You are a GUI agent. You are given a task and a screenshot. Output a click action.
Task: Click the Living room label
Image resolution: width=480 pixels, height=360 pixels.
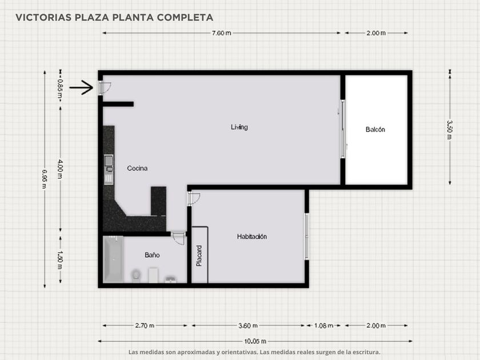(x=239, y=127)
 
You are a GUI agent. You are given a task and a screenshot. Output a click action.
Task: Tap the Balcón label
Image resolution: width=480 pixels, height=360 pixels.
(x=375, y=130)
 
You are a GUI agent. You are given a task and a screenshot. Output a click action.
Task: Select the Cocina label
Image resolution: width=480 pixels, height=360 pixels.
(x=137, y=168)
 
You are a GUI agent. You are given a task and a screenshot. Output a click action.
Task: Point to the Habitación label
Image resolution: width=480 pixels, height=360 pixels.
(x=252, y=237)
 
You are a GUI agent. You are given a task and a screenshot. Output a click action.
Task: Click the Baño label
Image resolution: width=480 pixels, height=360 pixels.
(x=152, y=255)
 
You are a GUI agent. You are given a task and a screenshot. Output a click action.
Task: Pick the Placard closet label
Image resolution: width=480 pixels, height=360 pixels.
(x=199, y=255)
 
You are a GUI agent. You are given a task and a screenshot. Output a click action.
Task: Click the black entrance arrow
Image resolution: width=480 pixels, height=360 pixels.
(x=81, y=87)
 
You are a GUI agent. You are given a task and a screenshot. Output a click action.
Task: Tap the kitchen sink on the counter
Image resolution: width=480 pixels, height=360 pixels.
(x=109, y=169)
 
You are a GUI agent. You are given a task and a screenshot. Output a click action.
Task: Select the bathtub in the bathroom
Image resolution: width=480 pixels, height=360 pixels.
(x=113, y=259)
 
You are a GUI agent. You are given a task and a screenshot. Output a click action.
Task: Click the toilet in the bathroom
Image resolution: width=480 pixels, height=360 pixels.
(x=135, y=275)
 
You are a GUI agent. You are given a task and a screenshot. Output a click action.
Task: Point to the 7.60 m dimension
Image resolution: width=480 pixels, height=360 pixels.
(x=221, y=33)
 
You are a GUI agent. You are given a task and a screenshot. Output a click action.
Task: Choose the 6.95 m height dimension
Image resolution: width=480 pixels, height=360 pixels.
(x=45, y=179)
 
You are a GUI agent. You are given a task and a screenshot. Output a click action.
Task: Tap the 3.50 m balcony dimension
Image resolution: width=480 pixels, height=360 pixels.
(x=450, y=130)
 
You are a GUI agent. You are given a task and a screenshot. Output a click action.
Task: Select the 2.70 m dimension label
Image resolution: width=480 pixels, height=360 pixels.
(x=145, y=326)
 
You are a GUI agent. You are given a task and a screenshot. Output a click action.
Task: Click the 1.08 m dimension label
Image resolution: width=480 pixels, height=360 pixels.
(x=323, y=326)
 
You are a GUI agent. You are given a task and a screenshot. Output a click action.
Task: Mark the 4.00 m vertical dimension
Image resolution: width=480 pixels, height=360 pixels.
(x=61, y=169)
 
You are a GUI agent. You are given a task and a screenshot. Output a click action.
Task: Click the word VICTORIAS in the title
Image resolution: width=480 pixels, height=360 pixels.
(x=43, y=18)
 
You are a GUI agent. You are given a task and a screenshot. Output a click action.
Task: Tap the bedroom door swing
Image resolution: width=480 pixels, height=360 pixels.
(x=194, y=199)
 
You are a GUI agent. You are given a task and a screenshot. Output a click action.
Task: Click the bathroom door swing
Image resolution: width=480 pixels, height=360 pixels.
(x=178, y=238)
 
